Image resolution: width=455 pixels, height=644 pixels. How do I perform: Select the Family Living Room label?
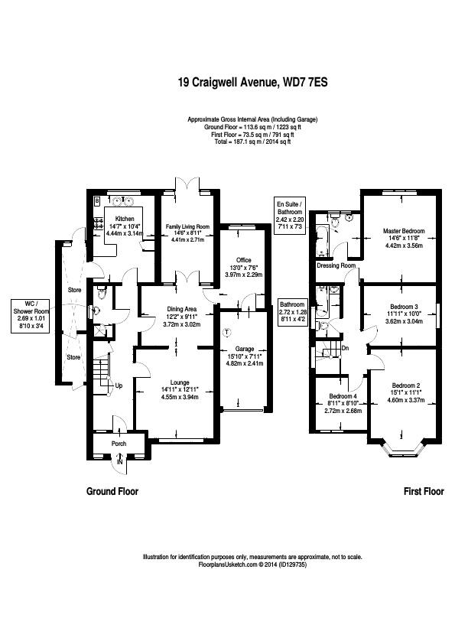[x=187, y=227]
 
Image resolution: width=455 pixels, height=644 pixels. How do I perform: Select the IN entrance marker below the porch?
[x=119, y=463]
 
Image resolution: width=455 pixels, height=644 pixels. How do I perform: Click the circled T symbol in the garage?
[x=226, y=332]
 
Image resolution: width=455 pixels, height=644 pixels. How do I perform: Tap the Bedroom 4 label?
[x=343, y=395]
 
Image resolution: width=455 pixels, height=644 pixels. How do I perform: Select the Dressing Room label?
[x=336, y=265]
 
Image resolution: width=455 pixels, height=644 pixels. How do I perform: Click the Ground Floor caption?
[x=112, y=492]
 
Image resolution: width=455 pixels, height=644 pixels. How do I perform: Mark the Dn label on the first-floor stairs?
[x=346, y=348]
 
